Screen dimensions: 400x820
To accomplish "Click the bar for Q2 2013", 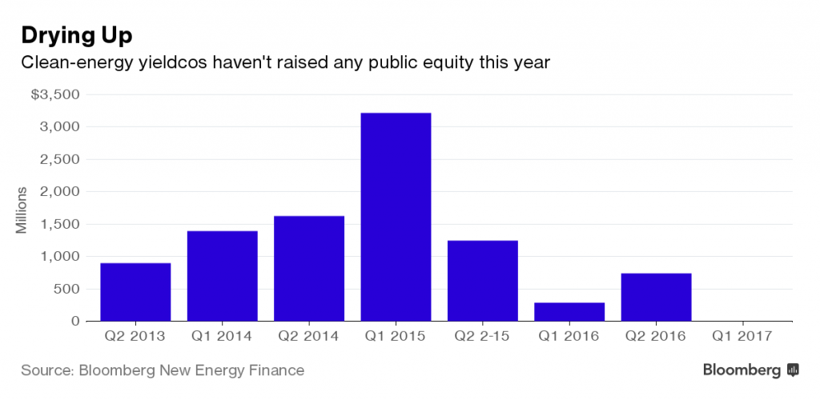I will click(135, 292).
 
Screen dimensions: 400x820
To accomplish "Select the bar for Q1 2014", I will click(222, 276).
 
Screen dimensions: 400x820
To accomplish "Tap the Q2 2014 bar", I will click(309, 268).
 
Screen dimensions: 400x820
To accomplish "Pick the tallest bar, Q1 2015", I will click(396, 217).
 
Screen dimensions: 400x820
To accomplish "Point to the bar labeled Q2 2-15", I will click(482, 280).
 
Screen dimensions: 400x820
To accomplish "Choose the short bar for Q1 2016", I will click(569, 311).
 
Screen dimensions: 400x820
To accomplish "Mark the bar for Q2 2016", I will click(656, 297).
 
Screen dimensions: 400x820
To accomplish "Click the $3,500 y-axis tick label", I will click(55, 94).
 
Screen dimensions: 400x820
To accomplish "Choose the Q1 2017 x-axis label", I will click(742, 337).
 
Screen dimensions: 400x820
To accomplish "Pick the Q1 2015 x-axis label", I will click(396, 337).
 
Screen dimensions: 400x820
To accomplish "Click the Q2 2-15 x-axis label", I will click(482, 337).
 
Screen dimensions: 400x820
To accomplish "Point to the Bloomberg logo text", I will click(742, 370).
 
